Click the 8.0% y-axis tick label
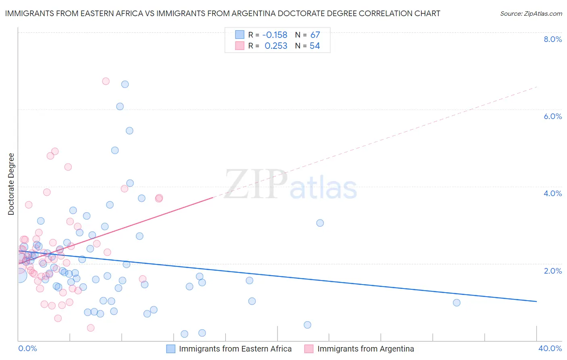552,39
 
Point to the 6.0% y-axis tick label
552,116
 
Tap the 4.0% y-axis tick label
552,193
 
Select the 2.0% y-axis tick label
552,271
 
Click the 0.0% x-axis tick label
27,348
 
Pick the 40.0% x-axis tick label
550,348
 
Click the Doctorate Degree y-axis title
11,184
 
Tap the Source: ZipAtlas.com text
531,13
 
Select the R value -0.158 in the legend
275,35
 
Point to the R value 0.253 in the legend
276,46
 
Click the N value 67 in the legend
315,35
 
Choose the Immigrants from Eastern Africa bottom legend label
235,349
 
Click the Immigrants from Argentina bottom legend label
365,349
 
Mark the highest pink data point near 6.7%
106,81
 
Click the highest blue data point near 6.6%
125,84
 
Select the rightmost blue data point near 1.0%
457,303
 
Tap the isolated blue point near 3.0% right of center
320,223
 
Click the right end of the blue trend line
536,301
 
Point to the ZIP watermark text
256,184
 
